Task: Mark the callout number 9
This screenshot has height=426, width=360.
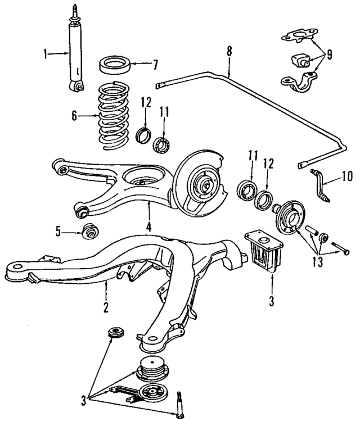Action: (x=328, y=55)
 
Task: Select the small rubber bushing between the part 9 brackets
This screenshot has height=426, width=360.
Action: (x=298, y=60)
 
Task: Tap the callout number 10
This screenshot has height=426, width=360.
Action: (x=346, y=176)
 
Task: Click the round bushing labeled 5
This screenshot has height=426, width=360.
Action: (x=88, y=230)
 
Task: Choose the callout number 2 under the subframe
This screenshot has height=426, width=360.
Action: (x=105, y=307)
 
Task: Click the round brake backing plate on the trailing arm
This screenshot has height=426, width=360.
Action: (x=197, y=183)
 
